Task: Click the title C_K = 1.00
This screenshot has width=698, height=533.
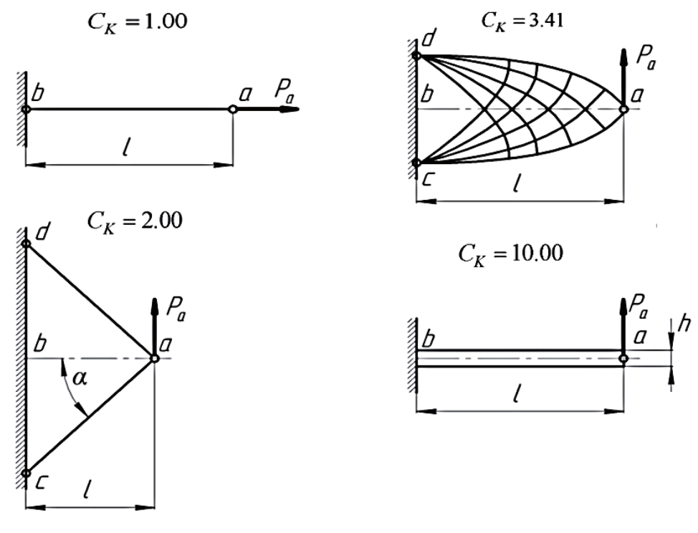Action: click(x=137, y=22)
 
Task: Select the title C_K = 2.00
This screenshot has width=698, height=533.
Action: click(x=135, y=221)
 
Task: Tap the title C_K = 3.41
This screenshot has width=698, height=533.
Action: click(x=522, y=21)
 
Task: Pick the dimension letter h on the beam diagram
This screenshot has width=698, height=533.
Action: click(x=684, y=325)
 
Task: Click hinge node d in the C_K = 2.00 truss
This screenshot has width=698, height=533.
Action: click(x=27, y=244)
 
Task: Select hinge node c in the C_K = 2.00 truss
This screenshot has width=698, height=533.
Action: click(x=27, y=473)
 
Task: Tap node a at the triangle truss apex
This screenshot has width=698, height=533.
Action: click(x=155, y=358)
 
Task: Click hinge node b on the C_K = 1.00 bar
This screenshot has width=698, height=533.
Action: click(x=27, y=109)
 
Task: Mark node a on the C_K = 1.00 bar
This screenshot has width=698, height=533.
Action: click(x=232, y=109)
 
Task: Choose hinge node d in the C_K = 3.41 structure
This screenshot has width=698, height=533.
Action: click(x=416, y=56)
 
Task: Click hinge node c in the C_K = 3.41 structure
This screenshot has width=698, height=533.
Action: click(x=416, y=163)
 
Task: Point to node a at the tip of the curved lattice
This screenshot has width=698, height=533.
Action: click(x=624, y=109)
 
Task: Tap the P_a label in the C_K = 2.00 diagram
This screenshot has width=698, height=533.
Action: click(x=176, y=308)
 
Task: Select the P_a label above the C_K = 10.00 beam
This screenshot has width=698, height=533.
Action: click(x=639, y=306)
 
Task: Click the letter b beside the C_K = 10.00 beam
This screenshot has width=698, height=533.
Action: click(x=428, y=340)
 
